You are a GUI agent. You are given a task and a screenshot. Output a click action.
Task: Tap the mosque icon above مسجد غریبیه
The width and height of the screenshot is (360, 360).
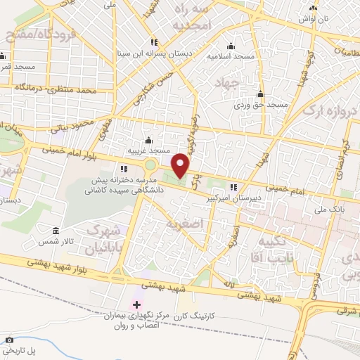click(148, 139)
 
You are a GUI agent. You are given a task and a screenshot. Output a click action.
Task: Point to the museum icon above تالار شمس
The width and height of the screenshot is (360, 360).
click(56, 230)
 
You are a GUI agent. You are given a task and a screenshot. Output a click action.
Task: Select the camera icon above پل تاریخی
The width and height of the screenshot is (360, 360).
click(11, 340)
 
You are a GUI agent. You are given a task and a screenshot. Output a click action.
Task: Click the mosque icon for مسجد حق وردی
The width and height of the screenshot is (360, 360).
click(261, 94)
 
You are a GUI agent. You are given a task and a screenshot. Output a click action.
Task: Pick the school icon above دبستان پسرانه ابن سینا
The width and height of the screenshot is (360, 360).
click(154, 42)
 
